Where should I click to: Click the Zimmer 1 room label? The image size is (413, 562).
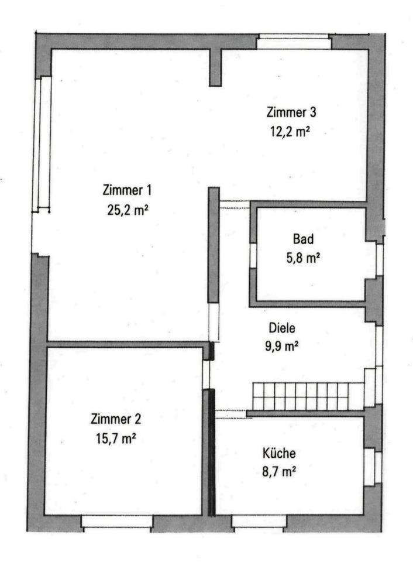(x=127, y=190)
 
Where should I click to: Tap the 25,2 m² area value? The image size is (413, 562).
(x=128, y=210)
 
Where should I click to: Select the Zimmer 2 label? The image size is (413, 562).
(x=116, y=419)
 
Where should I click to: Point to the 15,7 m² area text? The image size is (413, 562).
(x=116, y=438)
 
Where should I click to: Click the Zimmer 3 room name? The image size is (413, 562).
(x=291, y=112)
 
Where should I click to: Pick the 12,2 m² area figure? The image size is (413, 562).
(x=290, y=132)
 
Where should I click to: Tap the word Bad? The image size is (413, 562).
(x=303, y=239)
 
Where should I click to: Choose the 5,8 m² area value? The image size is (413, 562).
(x=303, y=258)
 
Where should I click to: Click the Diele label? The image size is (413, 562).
(x=282, y=328)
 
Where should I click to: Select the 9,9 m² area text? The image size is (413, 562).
(x=282, y=347)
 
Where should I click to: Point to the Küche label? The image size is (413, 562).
(x=279, y=453)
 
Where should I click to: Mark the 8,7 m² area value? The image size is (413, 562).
(x=279, y=472)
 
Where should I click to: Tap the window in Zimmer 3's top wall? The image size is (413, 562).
(x=294, y=42)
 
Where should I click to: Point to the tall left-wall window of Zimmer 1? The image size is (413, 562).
(x=42, y=143)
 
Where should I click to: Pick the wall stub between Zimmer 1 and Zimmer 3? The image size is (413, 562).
(x=215, y=67)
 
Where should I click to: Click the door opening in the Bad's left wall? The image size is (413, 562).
(x=253, y=256)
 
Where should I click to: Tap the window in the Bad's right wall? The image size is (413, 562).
(x=379, y=259)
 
